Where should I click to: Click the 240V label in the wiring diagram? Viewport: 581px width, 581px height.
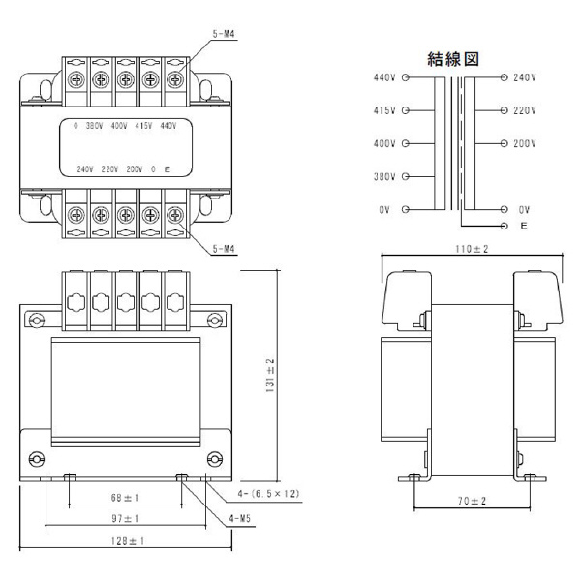click(x=524, y=76)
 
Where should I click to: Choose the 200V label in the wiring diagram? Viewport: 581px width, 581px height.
click(x=524, y=143)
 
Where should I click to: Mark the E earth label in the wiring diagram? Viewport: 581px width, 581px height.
click(x=523, y=225)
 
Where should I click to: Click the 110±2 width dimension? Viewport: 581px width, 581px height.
click(x=474, y=250)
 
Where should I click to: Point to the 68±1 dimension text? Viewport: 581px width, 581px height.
click(x=125, y=498)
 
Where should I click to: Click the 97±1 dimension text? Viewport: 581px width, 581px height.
click(x=125, y=521)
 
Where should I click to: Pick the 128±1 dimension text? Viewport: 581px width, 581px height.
click(x=125, y=542)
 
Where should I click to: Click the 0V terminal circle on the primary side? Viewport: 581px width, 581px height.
click(x=407, y=210)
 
